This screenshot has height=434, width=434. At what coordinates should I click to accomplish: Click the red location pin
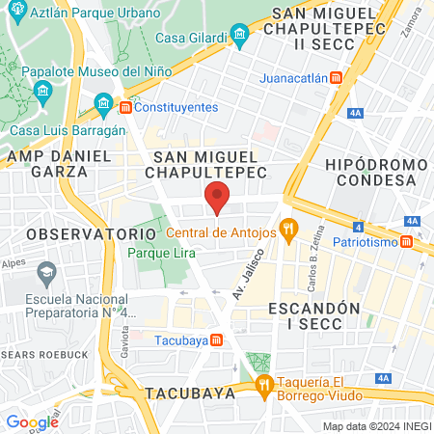pos(218,196)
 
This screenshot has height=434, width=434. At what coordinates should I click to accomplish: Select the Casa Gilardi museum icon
pos(241,34)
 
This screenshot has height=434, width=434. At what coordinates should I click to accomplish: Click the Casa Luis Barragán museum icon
pos(101,103)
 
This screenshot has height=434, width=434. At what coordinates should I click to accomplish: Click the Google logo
pos(32,421)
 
